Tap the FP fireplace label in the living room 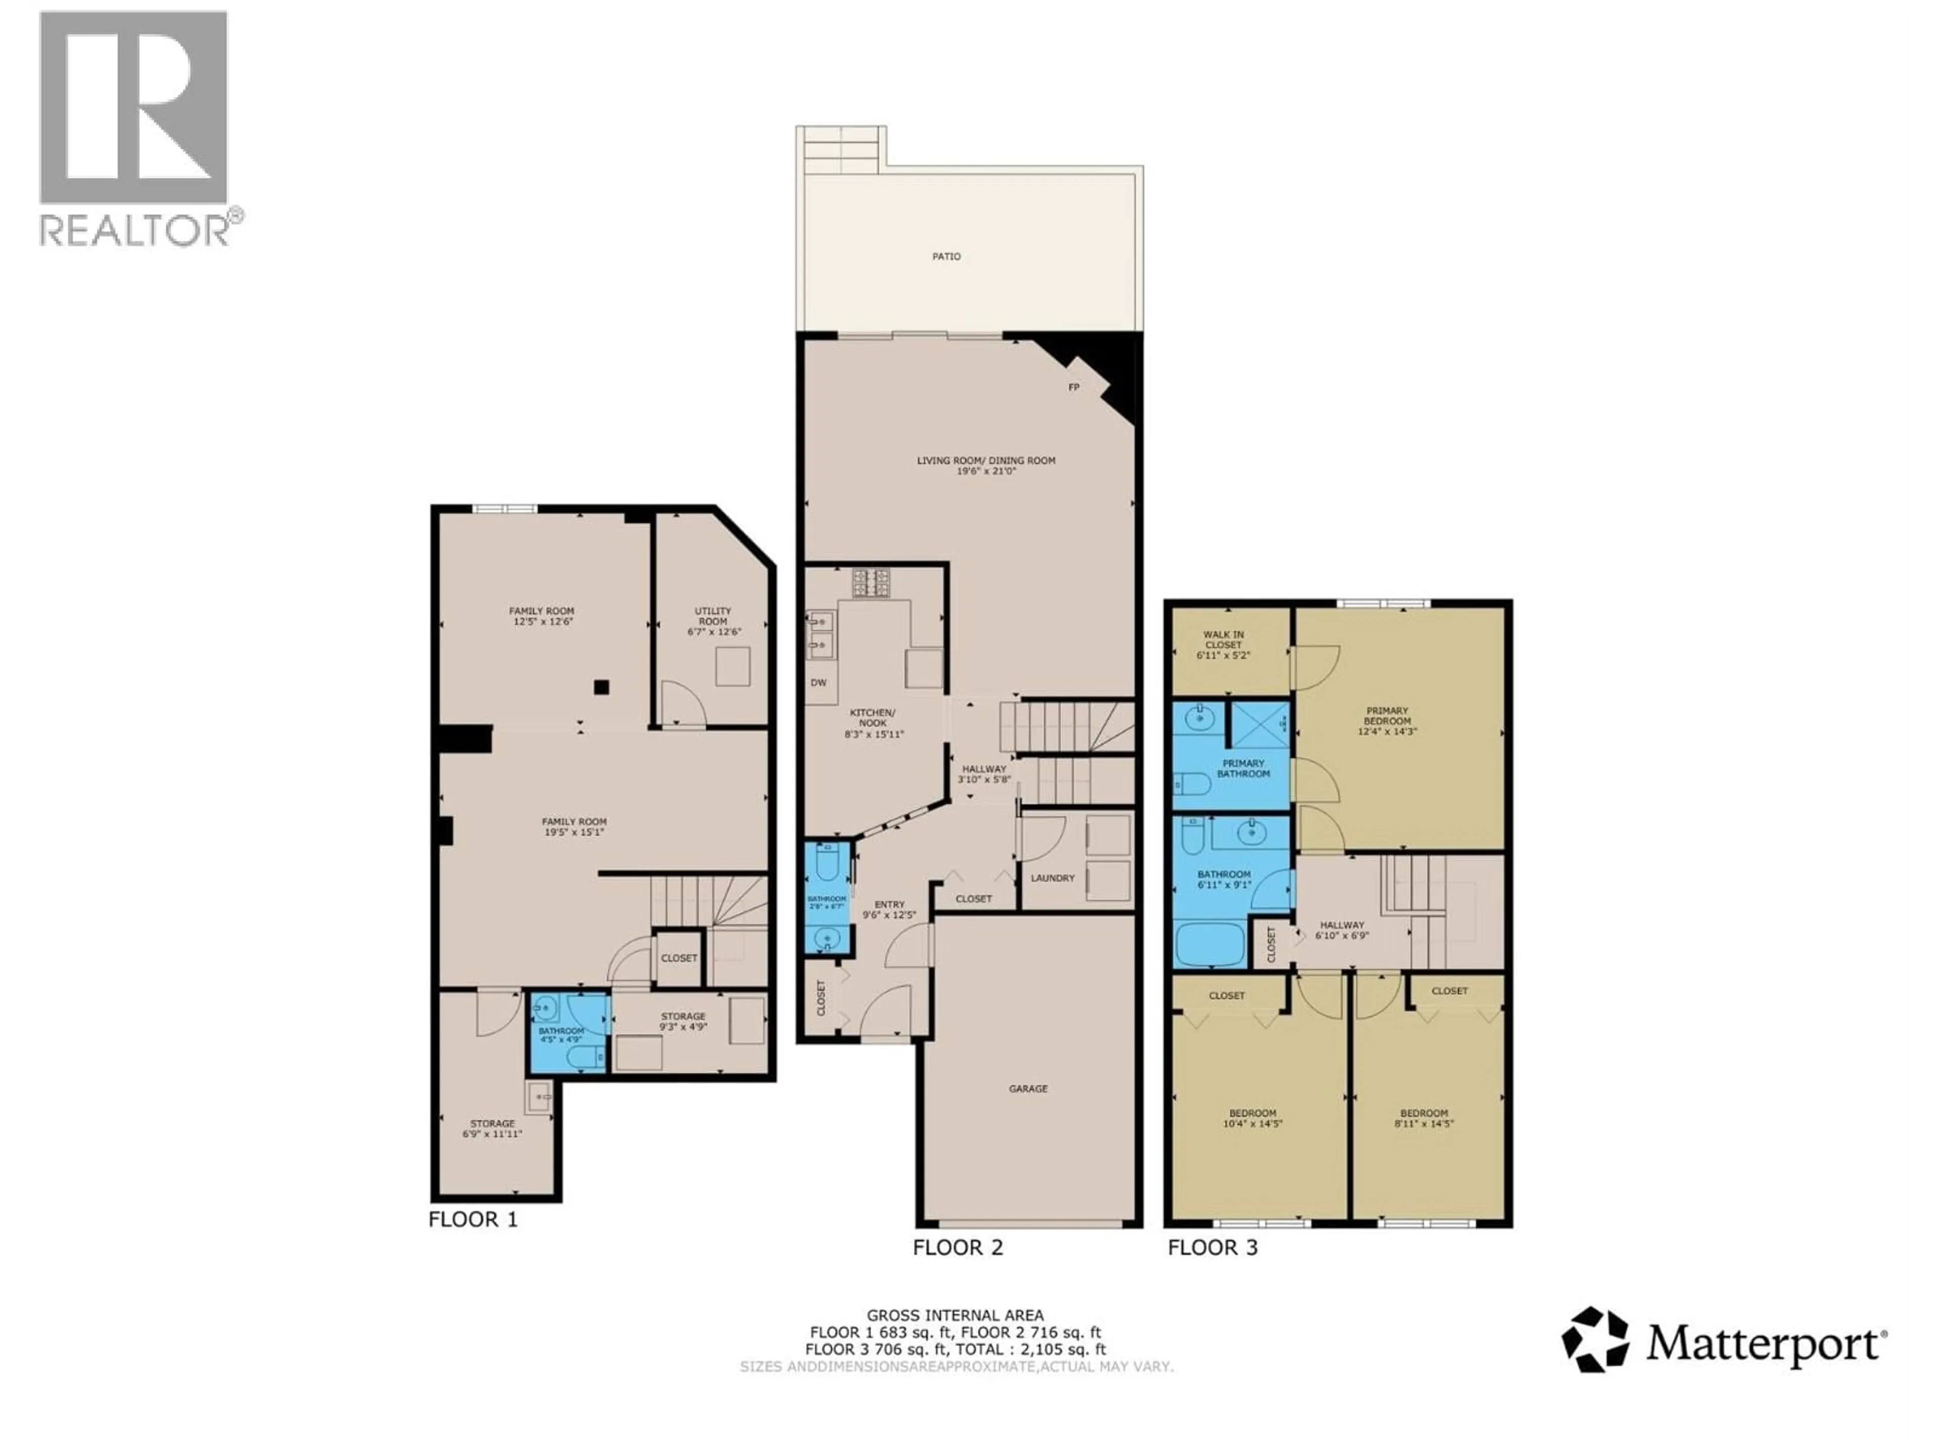[x=1073, y=387]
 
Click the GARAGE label [x=1028, y=1089]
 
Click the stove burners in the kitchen [x=871, y=582]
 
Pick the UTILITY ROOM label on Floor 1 [x=713, y=616]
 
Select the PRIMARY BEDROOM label [x=1387, y=715]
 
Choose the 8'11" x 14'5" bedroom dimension [x=1424, y=1124]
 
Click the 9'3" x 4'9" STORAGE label [x=683, y=1021]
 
